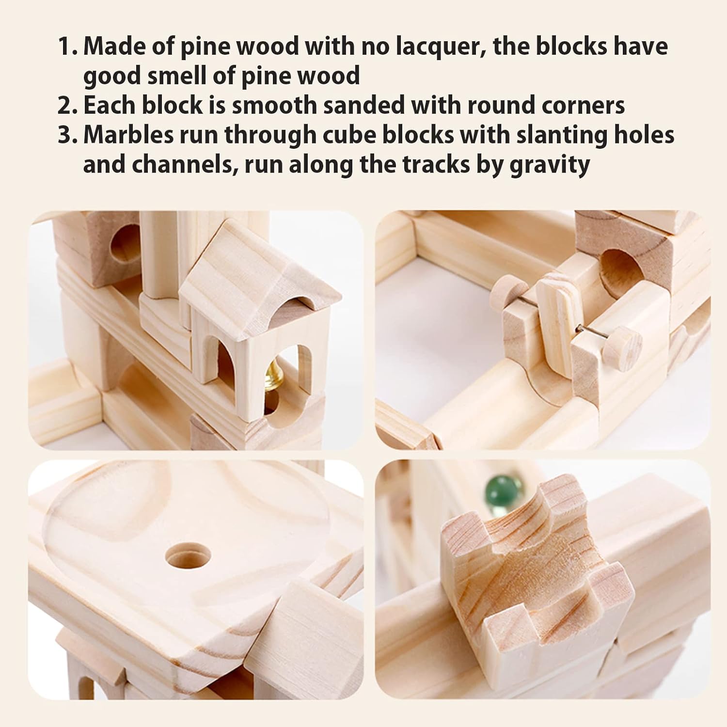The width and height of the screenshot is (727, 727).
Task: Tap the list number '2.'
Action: coord(68,106)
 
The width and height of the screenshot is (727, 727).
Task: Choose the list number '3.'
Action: coord(68,136)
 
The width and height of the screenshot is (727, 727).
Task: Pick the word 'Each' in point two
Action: coord(110,106)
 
